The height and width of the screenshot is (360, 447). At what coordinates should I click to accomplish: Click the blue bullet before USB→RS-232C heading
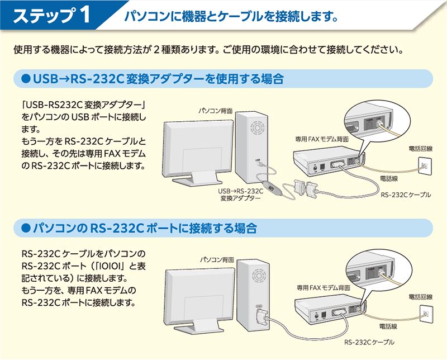click(24, 79)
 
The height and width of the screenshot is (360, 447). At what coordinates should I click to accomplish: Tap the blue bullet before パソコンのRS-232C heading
click(24, 228)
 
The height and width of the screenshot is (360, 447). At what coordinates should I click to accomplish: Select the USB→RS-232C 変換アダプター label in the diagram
click(240, 194)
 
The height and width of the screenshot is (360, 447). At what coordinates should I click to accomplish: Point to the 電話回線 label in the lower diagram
click(420, 296)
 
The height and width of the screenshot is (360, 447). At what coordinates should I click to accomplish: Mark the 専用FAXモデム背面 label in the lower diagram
click(324, 287)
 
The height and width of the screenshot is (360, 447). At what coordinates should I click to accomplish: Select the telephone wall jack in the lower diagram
click(425, 311)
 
